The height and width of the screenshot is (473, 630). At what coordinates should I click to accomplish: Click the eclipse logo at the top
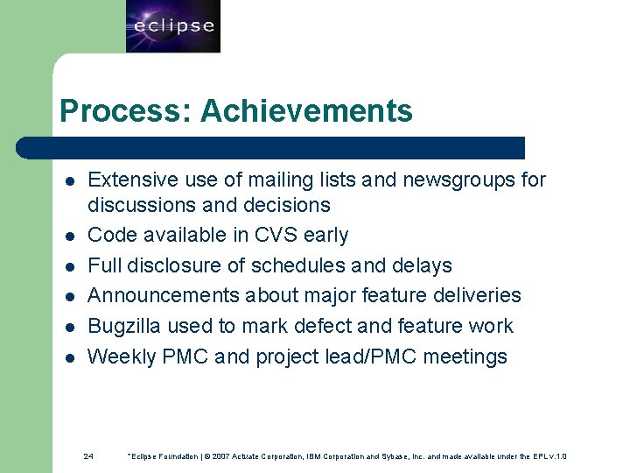coord(172,26)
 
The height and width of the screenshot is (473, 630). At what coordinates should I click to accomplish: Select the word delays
coord(422,265)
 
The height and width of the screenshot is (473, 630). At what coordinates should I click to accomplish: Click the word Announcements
coord(164,296)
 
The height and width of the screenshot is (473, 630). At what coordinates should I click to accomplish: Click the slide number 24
coord(88,456)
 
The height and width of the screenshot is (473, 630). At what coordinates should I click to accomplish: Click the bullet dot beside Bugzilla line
coord(67,327)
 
